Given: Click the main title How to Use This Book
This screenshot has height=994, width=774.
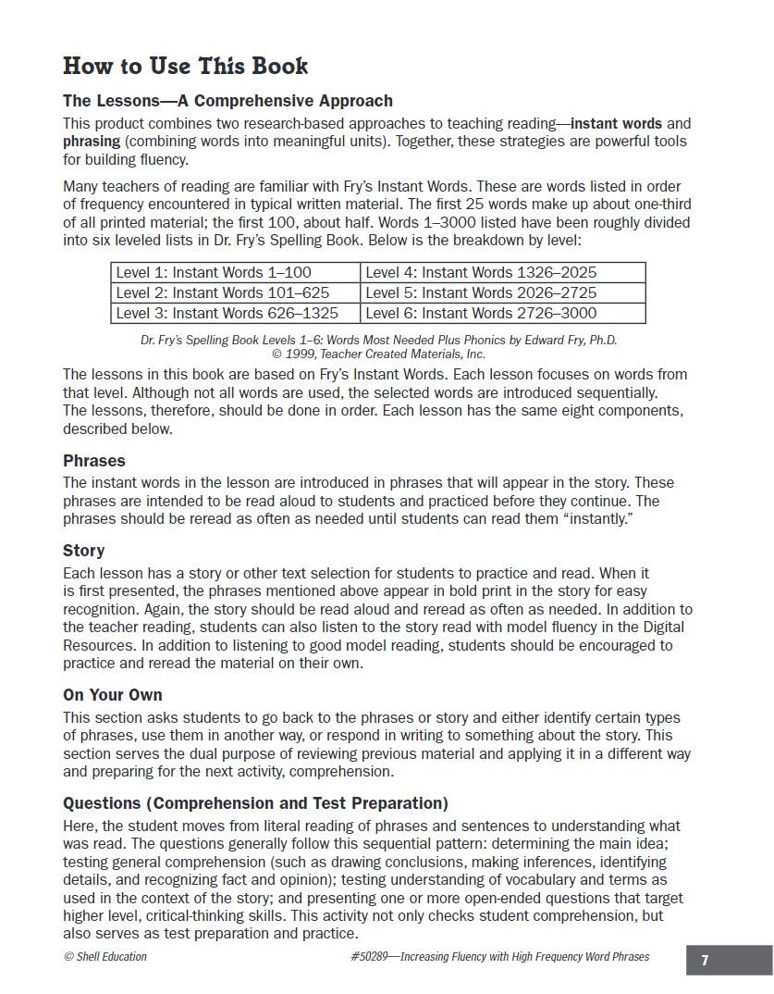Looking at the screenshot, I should click(x=185, y=66).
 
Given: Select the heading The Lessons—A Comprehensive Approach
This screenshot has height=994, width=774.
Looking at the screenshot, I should click(x=227, y=101).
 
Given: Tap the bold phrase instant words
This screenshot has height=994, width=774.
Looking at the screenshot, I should click(x=616, y=123).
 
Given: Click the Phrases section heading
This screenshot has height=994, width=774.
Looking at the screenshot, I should click(x=93, y=461).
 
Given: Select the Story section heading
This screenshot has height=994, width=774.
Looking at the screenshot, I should click(x=83, y=551).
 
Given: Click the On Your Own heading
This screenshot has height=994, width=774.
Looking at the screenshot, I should click(x=112, y=695).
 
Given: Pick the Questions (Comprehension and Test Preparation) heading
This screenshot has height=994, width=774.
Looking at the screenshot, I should click(x=255, y=803).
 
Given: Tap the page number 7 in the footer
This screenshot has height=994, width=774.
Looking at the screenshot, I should click(x=705, y=961).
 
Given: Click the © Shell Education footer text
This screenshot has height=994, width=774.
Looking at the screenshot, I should click(x=104, y=957).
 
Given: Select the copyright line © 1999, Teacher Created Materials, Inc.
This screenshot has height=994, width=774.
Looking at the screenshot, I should click(x=378, y=354).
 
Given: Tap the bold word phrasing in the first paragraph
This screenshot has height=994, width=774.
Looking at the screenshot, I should click(x=91, y=142).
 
